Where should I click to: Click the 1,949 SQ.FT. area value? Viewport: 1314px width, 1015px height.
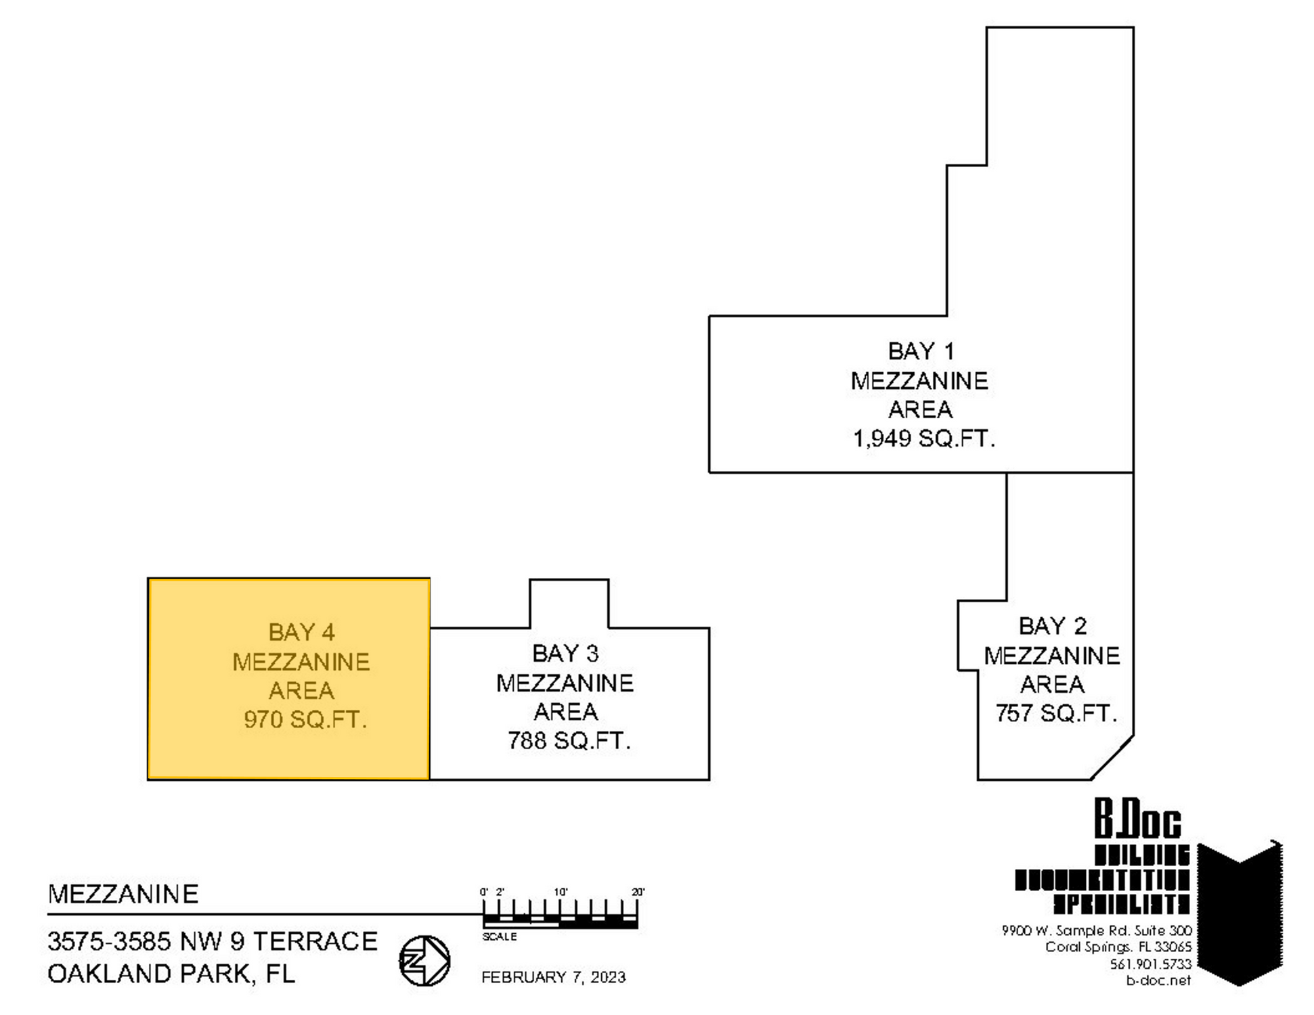click(923, 439)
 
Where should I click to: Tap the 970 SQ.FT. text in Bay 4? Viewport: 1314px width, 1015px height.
click(305, 719)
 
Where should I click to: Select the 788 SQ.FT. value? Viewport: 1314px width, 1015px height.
click(569, 741)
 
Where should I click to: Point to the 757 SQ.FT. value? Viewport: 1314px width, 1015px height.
click(1055, 713)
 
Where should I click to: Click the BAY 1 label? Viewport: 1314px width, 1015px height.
click(921, 351)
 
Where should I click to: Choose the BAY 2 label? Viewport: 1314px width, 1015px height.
click(1052, 626)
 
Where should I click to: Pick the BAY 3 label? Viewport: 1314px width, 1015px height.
click(565, 654)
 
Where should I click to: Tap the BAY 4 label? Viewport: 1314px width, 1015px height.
click(301, 632)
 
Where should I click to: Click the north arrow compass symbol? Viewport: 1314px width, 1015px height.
click(424, 960)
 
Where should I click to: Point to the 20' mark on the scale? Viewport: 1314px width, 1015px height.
click(638, 892)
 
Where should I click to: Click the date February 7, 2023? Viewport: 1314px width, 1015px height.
click(553, 977)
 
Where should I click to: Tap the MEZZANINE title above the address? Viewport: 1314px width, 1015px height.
click(123, 895)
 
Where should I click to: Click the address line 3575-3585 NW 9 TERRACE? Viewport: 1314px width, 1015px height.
click(212, 941)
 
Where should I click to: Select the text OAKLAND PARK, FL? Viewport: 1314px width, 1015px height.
click(171, 974)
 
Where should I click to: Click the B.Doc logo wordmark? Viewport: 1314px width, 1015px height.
click(1137, 820)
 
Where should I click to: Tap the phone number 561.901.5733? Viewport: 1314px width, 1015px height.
click(1150, 964)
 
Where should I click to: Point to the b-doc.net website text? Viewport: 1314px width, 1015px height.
click(1158, 980)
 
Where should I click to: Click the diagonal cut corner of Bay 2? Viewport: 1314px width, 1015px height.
click(1112, 758)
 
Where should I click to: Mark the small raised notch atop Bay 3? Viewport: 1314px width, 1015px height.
click(569, 603)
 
